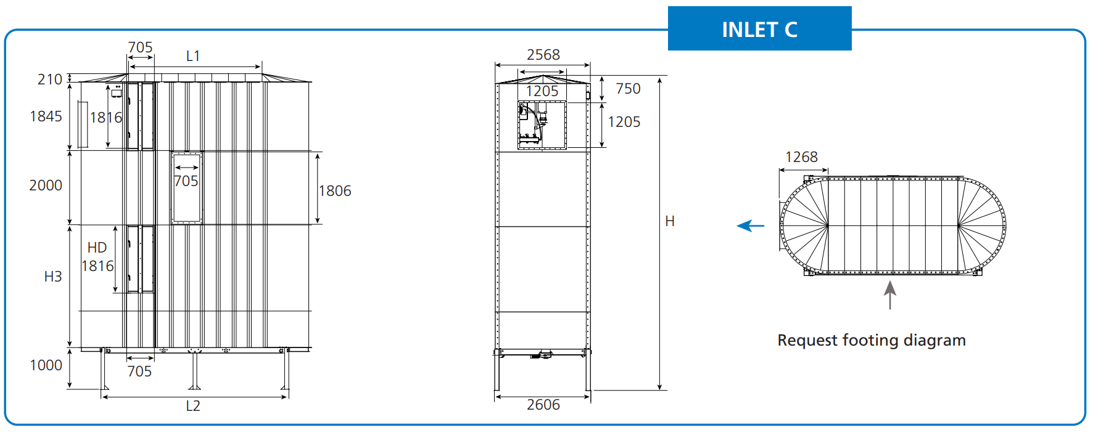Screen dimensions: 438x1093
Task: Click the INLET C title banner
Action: coord(759,29)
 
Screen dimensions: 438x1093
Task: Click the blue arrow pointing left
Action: coord(751,226)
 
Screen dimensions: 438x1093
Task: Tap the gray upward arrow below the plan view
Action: coord(889,295)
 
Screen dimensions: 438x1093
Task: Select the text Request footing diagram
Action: coord(871,341)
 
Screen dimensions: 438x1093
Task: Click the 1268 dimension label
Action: coord(801,157)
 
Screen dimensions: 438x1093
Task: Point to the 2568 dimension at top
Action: coord(543,55)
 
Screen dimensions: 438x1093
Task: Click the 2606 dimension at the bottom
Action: coord(543,405)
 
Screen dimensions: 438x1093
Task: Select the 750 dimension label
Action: coord(628,89)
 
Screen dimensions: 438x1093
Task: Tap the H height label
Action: coord(670,221)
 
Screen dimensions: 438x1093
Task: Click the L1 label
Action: coord(193,56)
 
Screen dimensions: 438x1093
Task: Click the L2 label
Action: coord(193,406)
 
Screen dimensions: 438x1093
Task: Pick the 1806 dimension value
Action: coord(335,191)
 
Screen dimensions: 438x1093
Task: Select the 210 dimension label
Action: coord(49,79)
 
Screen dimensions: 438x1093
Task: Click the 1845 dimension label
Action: coord(46,116)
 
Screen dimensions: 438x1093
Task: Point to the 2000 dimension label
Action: coord(46,185)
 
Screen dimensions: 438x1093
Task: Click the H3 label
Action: coord(53,277)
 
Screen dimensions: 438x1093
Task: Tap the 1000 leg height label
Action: coord(46,365)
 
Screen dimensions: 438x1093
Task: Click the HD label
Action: coord(97,248)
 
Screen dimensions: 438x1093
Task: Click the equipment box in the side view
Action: coord(542,126)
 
